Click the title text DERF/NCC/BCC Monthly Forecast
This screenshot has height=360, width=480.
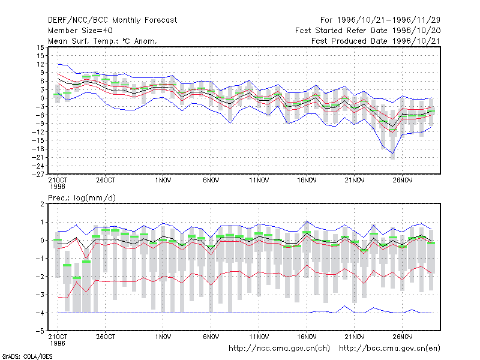(x=112, y=20)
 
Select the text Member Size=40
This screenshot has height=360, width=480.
(x=80, y=31)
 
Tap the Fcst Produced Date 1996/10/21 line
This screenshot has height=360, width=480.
(x=376, y=41)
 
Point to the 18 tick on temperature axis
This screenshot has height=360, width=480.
(x=41, y=47)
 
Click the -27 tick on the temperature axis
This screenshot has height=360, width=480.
(x=38, y=174)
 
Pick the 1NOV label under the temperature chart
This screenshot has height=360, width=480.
(x=163, y=180)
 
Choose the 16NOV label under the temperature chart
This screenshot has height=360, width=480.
(x=307, y=180)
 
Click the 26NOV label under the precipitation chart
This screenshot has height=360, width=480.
(x=403, y=337)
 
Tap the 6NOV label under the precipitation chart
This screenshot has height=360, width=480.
(x=211, y=337)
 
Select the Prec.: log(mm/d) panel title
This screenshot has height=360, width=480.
(x=82, y=198)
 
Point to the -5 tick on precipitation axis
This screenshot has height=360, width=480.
(x=41, y=331)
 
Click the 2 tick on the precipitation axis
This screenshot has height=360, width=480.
(x=42, y=204)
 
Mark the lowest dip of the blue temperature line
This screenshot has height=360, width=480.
(x=393, y=154)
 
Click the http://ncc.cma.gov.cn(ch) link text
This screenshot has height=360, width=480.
(x=279, y=349)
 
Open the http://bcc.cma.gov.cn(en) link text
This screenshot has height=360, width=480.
(x=389, y=349)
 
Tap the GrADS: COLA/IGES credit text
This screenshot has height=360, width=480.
(x=27, y=356)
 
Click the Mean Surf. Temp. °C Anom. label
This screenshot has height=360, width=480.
(x=103, y=41)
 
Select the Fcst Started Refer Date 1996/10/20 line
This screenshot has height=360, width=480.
(x=368, y=31)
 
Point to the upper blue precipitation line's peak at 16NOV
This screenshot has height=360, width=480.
(x=307, y=221)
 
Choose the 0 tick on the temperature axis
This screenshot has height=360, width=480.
(x=42, y=98)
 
